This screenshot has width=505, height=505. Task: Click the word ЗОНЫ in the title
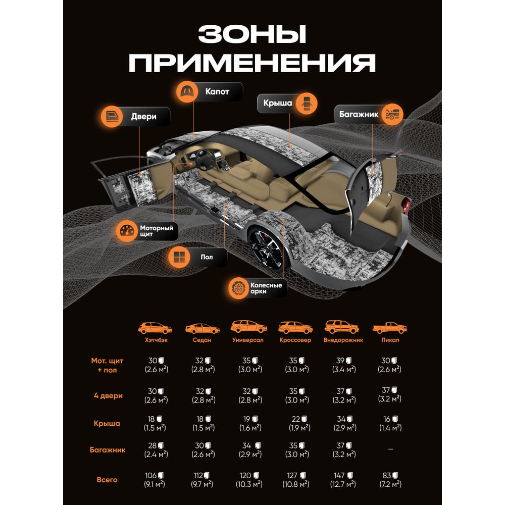(252, 34)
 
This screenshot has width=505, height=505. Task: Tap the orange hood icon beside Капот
(187, 92)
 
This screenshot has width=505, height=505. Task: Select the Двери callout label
(143, 117)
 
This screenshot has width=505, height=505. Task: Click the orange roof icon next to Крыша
(307, 104)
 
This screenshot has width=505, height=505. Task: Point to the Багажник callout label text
(359, 114)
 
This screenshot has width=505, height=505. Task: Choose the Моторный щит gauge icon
(127, 231)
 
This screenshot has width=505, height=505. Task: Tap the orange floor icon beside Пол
(179, 257)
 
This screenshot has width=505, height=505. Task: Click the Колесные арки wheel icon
(239, 288)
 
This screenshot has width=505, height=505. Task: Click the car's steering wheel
(207, 160)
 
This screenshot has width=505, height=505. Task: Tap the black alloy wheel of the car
(266, 249)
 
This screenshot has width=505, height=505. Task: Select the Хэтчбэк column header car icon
(155, 328)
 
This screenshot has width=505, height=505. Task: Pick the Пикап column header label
(390, 340)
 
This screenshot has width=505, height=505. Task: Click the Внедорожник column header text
(343, 340)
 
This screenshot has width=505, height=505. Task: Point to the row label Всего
(107, 480)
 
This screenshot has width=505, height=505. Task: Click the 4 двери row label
(108, 395)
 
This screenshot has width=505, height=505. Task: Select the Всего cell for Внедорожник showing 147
(343, 480)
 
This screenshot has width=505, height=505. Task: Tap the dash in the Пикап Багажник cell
(390, 449)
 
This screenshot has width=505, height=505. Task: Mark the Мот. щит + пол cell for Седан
(203, 365)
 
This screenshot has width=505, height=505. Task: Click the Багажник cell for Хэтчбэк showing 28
(156, 449)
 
